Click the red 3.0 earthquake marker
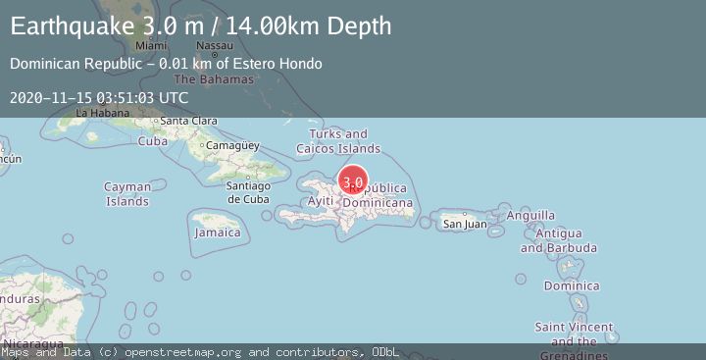pos(353,181)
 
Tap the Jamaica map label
pos(217,232)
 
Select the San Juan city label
pos(465,224)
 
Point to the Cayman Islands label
pos(127,193)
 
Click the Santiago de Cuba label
pos(247,192)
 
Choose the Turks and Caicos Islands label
pos(338,140)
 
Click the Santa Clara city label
pos(188,121)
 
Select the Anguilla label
pos(531,215)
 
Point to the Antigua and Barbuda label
pos(551,240)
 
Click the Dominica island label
pos(572,286)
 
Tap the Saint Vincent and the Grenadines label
pos(575,334)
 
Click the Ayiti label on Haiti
pos(321,201)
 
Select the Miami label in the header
pos(151,46)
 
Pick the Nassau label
pos(215,46)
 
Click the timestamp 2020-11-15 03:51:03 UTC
pos(99,97)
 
